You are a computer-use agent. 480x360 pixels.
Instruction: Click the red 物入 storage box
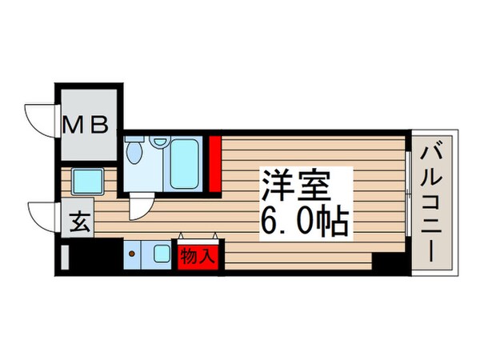197,256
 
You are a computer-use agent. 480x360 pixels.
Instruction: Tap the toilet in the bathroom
135,152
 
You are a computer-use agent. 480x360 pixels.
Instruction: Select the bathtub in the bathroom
186,164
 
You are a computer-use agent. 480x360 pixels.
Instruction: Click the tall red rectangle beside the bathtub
214,164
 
